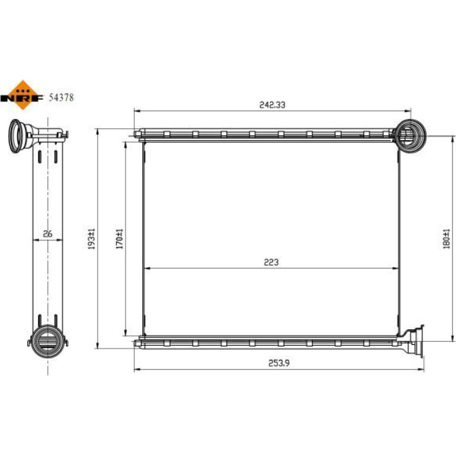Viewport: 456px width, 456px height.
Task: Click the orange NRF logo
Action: point(22,95)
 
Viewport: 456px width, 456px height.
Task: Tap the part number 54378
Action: point(61,98)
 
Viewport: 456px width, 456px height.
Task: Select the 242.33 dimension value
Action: point(272,105)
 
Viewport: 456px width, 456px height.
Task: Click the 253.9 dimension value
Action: point(279,363)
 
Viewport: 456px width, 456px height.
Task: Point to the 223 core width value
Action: point(271,262)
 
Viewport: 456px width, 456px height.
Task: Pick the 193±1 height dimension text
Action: point(92,239)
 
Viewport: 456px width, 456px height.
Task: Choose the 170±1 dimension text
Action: point(120,239)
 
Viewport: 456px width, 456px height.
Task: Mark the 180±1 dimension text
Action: point(447,239)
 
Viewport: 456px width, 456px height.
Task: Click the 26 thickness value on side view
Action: point(47,233)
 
